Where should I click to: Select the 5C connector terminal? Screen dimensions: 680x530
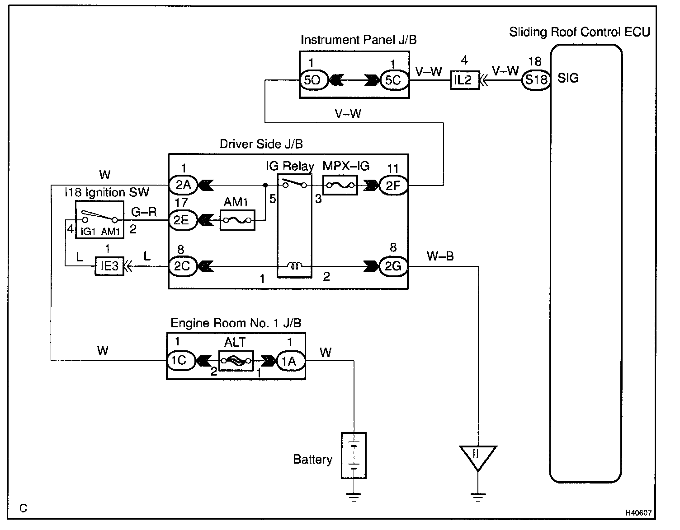pos(394,80)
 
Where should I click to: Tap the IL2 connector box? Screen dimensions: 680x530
pos(465,80)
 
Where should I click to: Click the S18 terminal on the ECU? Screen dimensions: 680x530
pos(536,80)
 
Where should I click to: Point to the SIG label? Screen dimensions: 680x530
pos(568,78)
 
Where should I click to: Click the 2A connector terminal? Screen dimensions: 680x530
pos(183,185)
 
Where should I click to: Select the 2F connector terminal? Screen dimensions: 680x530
pos(394,186)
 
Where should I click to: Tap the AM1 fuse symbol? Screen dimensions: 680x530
pos(237,220)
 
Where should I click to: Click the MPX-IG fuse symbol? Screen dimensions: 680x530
pos(340,185)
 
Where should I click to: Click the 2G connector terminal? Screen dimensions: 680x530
pos(394,266)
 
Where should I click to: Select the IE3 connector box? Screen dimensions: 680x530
pos(109,266)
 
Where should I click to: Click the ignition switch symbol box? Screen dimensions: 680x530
pos(99,219)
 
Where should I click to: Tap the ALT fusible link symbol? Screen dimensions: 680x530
pos(236,361)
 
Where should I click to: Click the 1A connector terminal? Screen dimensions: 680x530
pos(291,361)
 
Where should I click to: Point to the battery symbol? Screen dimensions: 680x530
pos(354,456)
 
